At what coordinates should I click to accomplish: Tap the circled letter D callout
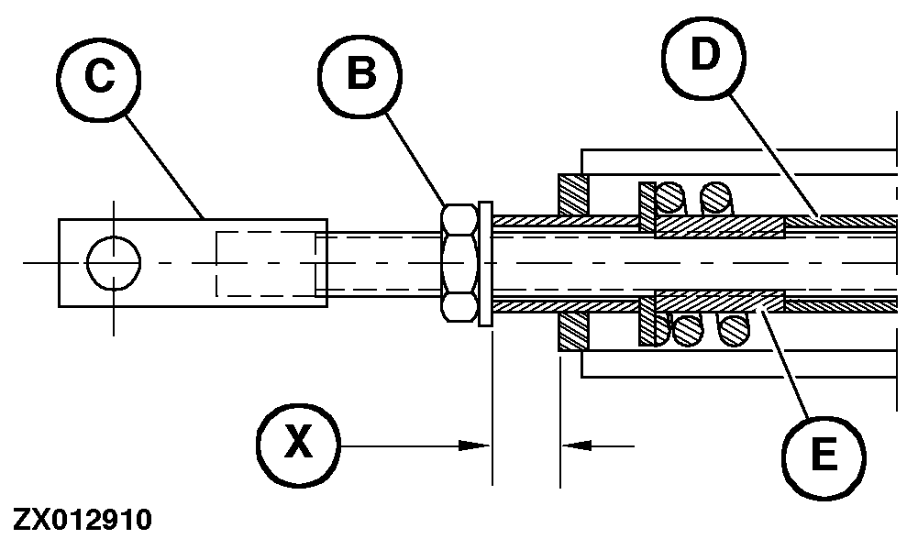(702, 58)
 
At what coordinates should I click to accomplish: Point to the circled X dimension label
(296, 445)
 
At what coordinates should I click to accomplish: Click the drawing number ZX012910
(83, 521)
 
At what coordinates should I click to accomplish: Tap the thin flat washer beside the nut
(485, 262)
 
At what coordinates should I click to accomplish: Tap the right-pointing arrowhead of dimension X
(473, 445)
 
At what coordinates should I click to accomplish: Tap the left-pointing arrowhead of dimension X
(576, 445)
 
